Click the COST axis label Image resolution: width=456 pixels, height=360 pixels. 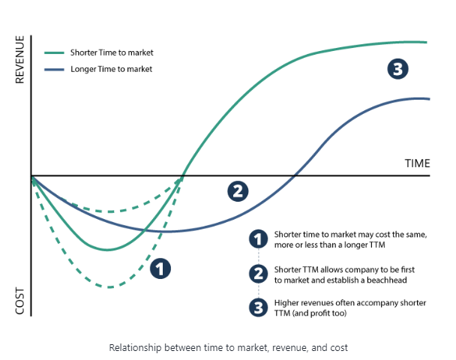(19, 301)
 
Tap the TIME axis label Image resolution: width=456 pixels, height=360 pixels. (416, 163)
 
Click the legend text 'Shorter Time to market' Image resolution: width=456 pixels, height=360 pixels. (112, 53)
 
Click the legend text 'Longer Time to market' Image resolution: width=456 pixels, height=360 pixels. (111, 69)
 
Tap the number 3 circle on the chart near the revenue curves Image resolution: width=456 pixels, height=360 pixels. (397, 70)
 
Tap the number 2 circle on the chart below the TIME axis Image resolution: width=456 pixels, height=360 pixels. (237, 190)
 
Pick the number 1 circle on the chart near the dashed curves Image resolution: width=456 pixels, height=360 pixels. (160, 268)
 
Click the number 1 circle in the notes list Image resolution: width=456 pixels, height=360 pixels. (258, 239)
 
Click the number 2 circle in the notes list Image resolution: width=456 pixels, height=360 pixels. (258, 273)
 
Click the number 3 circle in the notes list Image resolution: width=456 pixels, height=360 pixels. (258, 307)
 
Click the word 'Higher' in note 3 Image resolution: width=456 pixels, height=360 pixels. (287, 302)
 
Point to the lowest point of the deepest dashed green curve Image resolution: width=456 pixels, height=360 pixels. (110, 287)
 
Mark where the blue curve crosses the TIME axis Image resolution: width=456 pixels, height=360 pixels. (295, 175)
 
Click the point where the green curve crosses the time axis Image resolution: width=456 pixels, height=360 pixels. (183, 175)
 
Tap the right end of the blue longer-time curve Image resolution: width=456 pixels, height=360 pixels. (428, 99)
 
